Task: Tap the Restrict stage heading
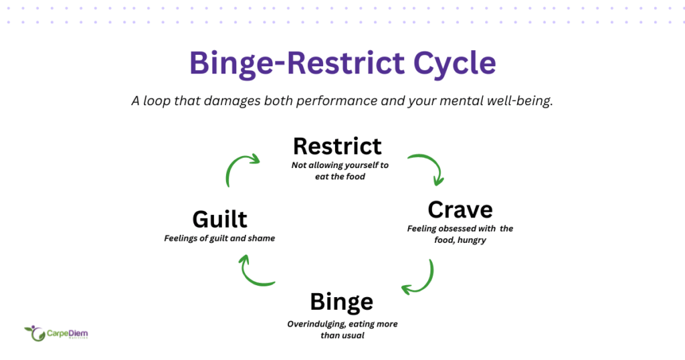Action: pyautogui.click(x=337, y=146)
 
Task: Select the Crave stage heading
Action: pyautogui.click(x=460, y=209)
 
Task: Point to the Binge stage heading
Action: pyautogui.click(x=341, y=302)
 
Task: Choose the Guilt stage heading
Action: pyautogui.click(x=219, y=219)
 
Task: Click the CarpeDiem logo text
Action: pyautogui.click(x=66, y=332)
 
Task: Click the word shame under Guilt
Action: pyautogui.click(x=262, y=238)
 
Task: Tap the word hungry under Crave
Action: pyautogui.click(x=472, y=240)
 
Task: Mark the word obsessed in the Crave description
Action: pyautogui.click(x=457, y=229)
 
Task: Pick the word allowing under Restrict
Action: pyautogui.click(x=329, y=165)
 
